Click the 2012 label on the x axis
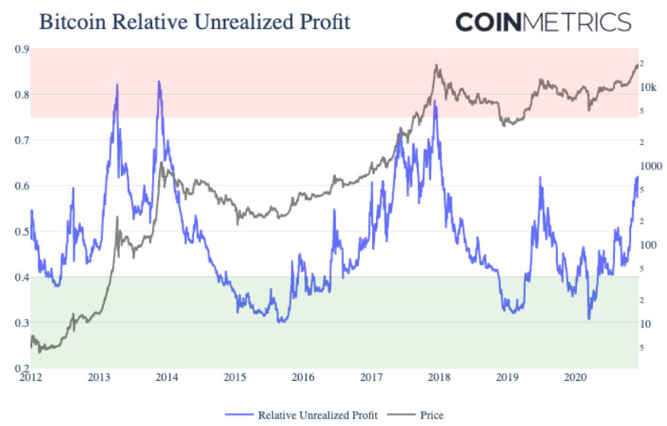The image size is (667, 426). [31, 377]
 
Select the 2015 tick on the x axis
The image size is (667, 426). [235, 377]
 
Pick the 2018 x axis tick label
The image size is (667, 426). [439, 377]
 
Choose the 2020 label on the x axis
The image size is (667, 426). [575, 377]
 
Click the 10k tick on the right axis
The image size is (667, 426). [648, 87]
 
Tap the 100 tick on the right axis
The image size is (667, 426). [648, 245]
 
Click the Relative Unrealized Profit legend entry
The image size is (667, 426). [309, 415]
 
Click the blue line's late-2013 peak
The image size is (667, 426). [159, 81]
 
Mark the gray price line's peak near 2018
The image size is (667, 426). [436, 66]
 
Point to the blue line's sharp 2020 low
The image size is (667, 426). [589, 318]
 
